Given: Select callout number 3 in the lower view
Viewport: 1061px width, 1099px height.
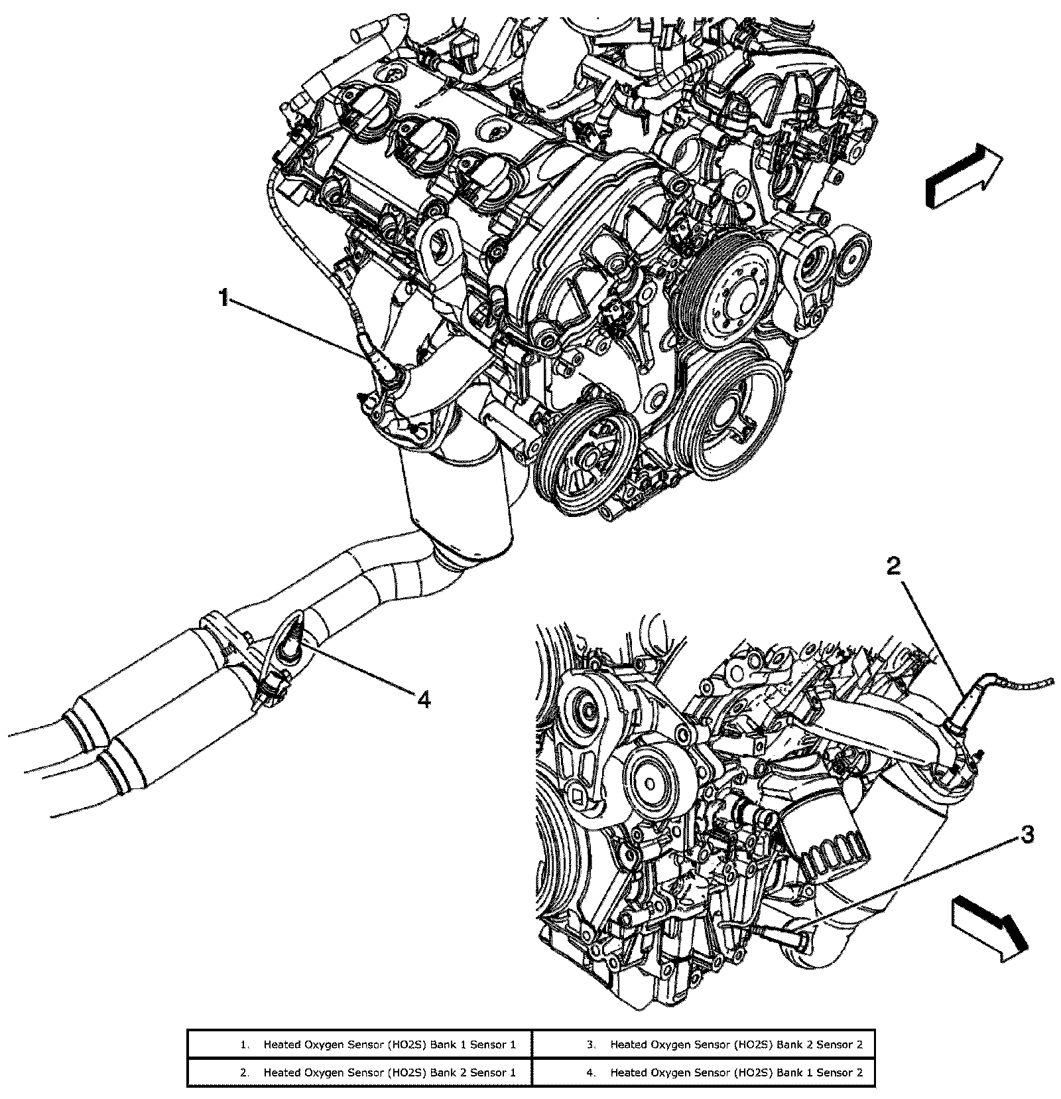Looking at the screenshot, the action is coord(1026,836).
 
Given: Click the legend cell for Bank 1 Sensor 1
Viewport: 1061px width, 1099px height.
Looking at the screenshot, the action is coord(360,1045).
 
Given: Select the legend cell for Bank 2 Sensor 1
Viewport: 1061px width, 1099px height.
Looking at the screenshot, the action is coord(360,1072).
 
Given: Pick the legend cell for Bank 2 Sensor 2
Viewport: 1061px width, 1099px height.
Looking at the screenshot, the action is coord(704,1045).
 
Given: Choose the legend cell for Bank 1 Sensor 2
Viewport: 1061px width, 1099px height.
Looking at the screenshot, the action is coord(704,1072).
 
